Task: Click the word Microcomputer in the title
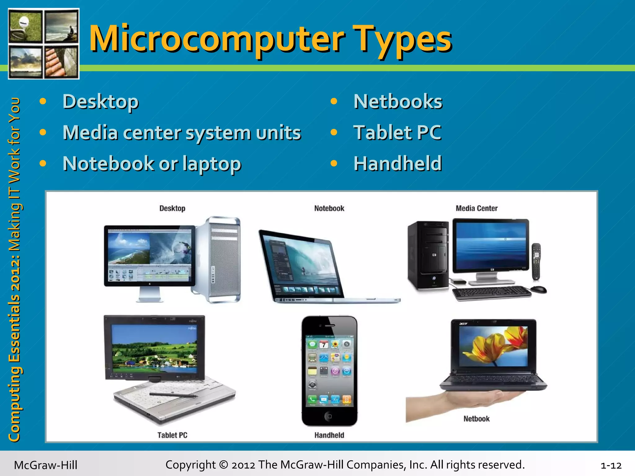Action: coord(217,39)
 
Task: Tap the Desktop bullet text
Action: coord(100,102)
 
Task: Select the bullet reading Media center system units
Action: coord(182,133)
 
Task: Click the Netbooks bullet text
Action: coord(398,102)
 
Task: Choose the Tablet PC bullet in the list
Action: coord(397,133)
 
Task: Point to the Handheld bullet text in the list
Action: coord(397,164)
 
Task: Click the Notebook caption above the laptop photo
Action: coord(329,208)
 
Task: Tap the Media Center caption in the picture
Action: coord(477,208)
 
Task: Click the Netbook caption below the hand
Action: coord(477,419)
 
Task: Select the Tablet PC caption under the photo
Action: coord(172,435)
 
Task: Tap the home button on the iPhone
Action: coord(329,416)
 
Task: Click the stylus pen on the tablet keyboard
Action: coord(174,395)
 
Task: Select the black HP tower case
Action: coord(428,256)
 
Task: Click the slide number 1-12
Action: coord(611,465)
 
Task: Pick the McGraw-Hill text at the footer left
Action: coord(46,465)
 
